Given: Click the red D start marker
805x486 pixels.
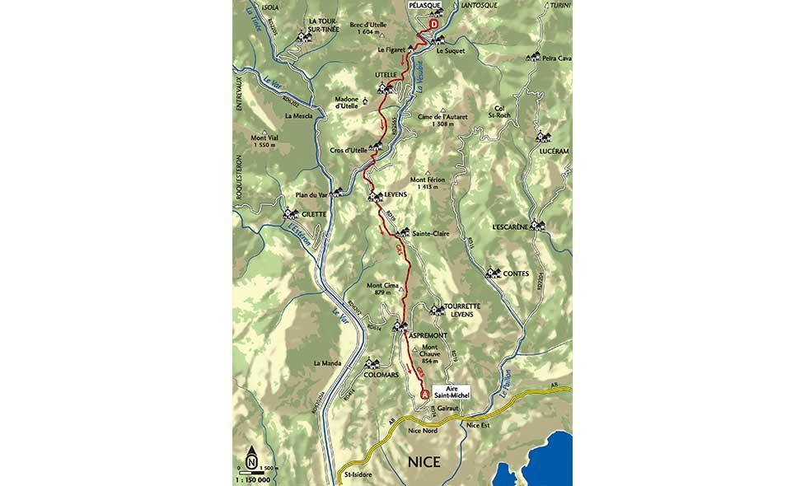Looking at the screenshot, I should pyautogui.click(x=433, y=26).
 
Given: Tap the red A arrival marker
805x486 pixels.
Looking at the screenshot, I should pyautogui.click(x=425, y=395).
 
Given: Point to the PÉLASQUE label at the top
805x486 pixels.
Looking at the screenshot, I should pyautogui.click(x=425, y=5).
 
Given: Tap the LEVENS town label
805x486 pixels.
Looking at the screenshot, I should pyautogui.click(x=397, y=195).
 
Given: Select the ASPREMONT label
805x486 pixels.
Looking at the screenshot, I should pyautogui.click(x=428, y=336).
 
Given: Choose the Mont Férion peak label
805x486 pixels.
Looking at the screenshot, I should pyautogui.click(x=428, y=183).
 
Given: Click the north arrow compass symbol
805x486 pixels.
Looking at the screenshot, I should pyautogui.click(x=251, y=455).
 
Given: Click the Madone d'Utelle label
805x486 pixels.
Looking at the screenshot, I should pyautogui.click(x=346, y=103).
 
